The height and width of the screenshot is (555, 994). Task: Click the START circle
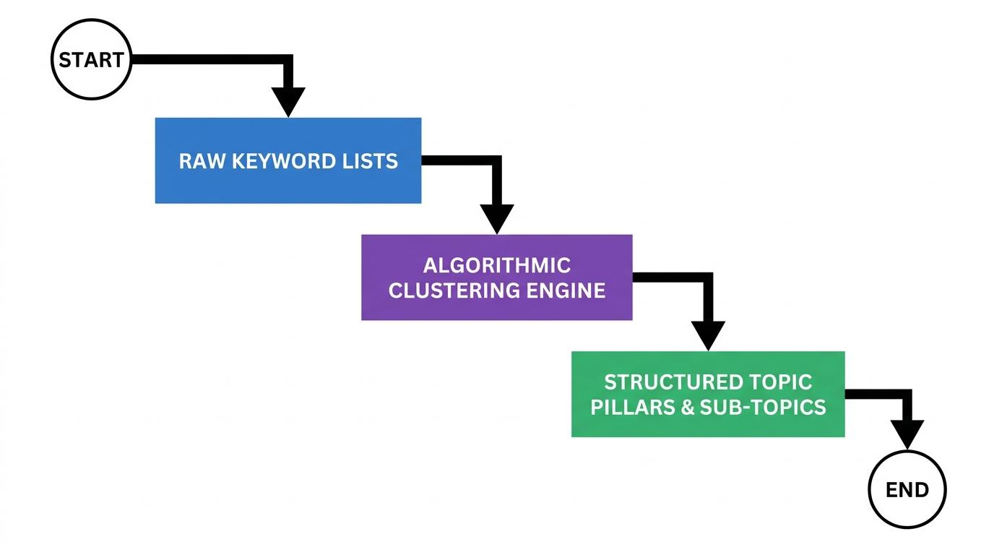pos(91,60)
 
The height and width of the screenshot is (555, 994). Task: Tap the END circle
pos(907,489)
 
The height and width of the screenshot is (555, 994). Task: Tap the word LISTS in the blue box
pos(371,160)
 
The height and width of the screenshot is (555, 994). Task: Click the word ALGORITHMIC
pos(496,265)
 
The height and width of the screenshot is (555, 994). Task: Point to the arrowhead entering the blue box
pos(288,101)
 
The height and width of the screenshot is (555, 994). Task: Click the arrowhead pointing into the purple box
pos(496,218)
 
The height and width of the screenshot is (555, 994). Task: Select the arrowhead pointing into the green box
pos(707,335)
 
